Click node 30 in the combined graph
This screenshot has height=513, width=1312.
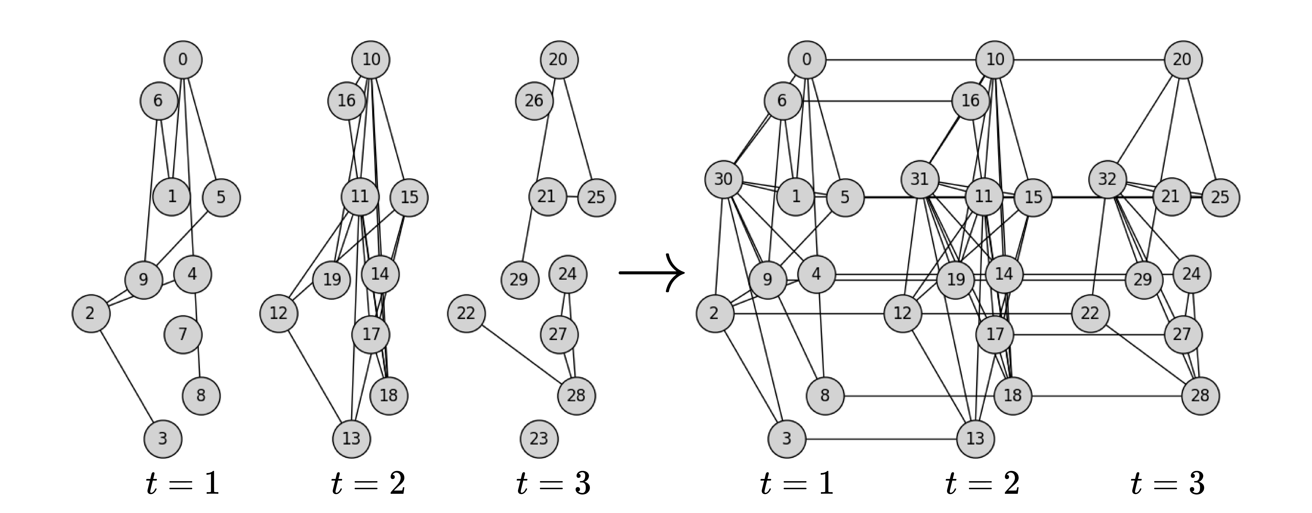[x=723, y=179]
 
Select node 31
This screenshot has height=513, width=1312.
[x=919, y=179]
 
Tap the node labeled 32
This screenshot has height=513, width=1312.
[x=1107, y=179]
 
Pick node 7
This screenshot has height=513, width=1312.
[x=183, y=334]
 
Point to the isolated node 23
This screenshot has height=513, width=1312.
[x=539, y=438]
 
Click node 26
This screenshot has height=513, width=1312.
[x=534, y=101]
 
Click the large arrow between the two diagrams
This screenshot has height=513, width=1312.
[x=652, y=273]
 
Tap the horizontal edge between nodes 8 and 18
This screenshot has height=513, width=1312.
[x=917, y=395]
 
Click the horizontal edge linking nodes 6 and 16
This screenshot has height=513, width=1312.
[x=876, y=101]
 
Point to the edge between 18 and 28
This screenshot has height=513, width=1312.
[x=1105, y=395]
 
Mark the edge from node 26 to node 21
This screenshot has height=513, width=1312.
[x=543, y=148]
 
